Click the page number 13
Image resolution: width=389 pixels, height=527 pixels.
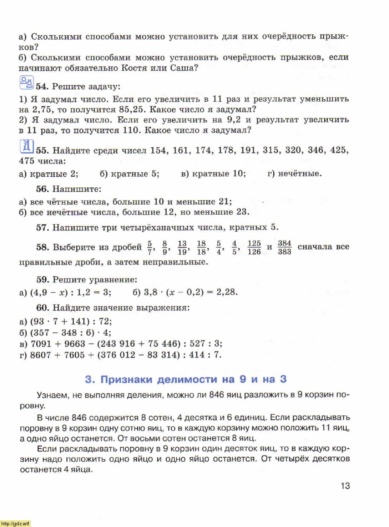[x=345, y=486]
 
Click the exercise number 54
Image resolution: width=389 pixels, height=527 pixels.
[x=42, y=87]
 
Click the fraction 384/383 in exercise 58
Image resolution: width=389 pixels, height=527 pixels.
[x=284, y=247]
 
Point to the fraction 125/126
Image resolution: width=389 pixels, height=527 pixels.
[x=254, y=247]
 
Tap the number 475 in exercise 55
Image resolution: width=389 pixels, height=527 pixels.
[x=27, y=161]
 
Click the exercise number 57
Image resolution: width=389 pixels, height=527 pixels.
[x=42, y=227]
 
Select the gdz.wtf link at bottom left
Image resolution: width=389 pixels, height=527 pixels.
[x=16, y=523]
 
